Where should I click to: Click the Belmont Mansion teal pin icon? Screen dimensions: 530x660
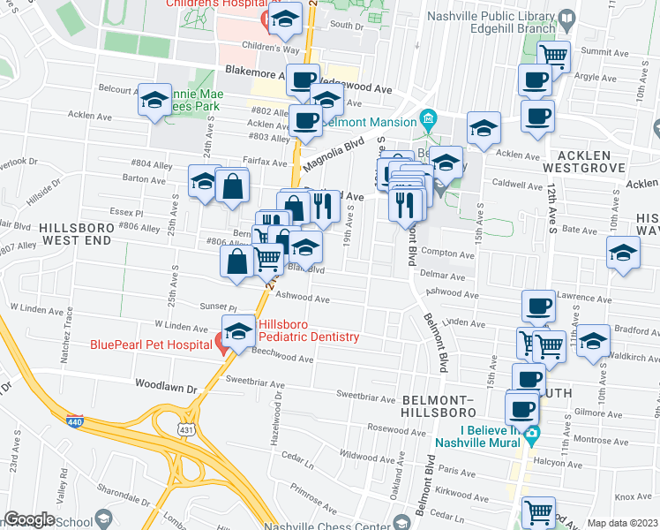click(428, 118)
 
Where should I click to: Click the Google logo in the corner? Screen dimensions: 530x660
click(29, 519)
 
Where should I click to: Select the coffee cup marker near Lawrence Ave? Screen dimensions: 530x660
click(537, 307)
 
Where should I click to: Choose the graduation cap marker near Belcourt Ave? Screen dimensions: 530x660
click(154, 101)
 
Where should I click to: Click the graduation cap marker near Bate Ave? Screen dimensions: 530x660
click(623, 254)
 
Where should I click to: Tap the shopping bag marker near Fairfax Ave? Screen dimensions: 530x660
click(232, 186)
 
